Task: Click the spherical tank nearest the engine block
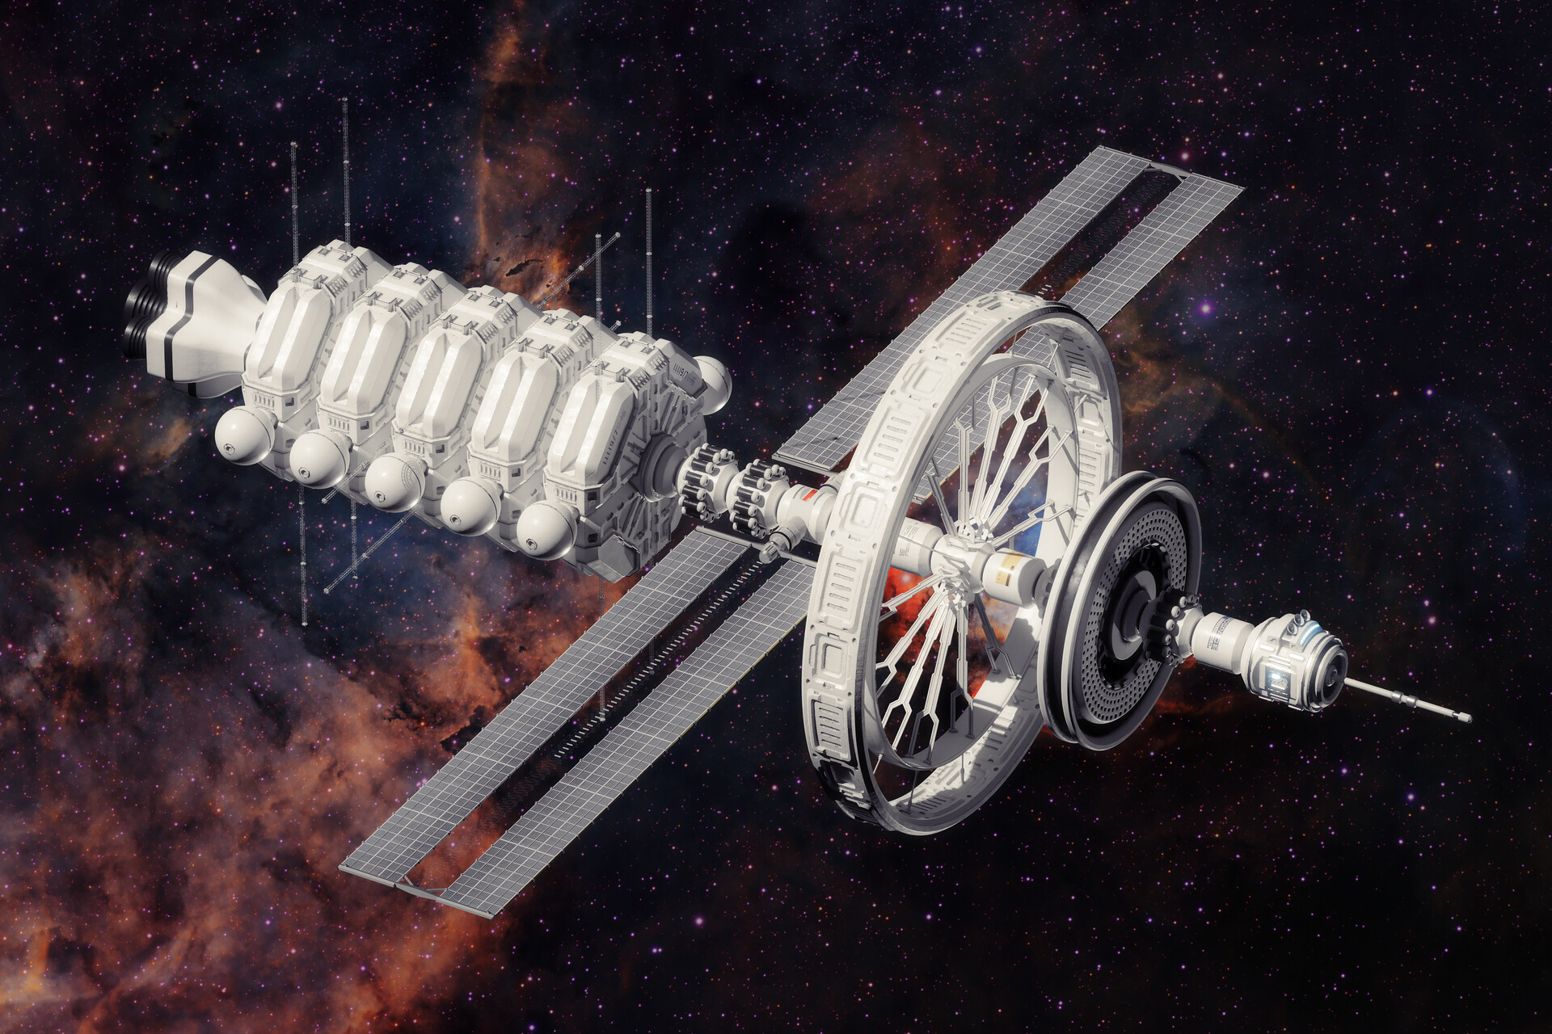[x=243, y=435]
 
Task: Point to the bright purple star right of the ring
[x=1206, y=308]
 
